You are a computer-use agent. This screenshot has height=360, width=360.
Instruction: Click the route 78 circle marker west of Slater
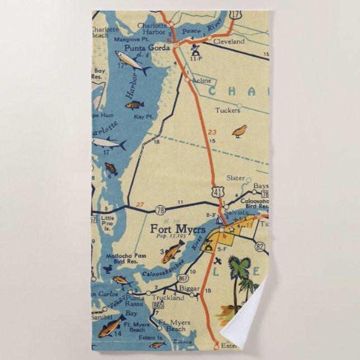160,210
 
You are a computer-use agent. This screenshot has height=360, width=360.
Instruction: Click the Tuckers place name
228,110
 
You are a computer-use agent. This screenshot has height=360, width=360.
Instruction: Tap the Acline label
201,80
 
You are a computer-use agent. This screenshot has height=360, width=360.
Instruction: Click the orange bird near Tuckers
240,131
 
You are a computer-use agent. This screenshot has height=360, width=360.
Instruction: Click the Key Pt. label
143,116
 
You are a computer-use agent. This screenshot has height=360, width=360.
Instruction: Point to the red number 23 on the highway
211,132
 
